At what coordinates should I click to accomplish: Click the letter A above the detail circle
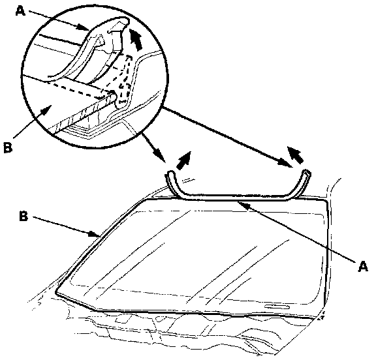(20, 11)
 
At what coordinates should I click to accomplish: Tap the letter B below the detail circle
(8, 147)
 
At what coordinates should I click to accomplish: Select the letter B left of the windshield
(23, 217)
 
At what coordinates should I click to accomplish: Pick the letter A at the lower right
(362, 266)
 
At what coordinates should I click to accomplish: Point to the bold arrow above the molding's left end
(184, 160)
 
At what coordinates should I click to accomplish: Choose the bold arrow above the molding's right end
(296, 155)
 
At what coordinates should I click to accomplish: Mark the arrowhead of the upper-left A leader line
(84, 27)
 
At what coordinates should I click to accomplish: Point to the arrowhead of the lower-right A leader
(243, 204)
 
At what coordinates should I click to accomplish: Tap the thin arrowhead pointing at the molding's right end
(285, 163)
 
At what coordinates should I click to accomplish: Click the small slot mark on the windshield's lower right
(277, 307)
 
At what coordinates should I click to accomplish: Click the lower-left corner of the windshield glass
(57, 293)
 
